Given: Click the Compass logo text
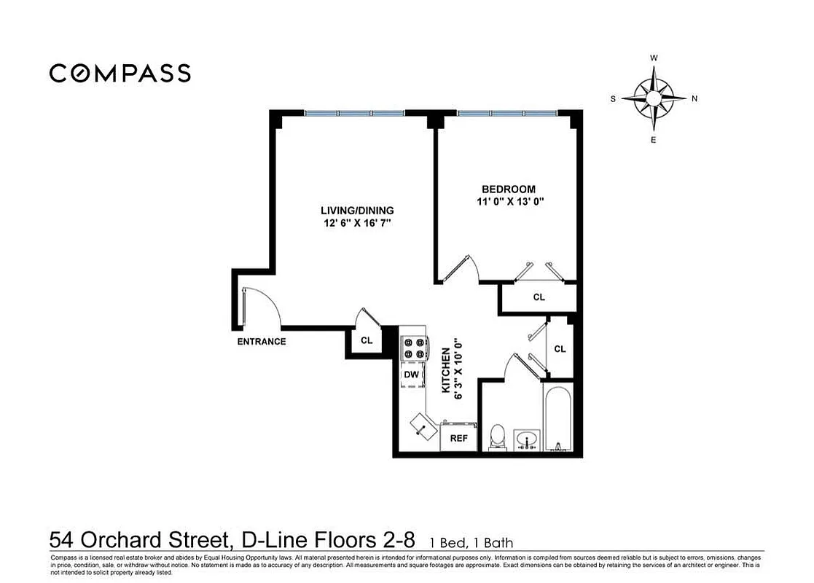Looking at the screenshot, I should [120, 73].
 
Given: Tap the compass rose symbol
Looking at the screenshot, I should [654, 98].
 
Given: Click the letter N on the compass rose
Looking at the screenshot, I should [694, 98].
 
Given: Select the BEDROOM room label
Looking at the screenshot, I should [509, 189].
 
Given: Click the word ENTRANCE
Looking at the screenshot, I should [262, 341].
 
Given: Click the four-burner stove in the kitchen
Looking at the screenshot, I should [413, 348].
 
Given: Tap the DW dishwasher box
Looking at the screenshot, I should [412, 375].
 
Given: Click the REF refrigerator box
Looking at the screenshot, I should [458, 439].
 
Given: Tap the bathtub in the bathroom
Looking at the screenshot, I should [559, 419].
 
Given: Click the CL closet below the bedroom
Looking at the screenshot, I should [539, 297].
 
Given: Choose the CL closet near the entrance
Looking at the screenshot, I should [367, 340].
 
